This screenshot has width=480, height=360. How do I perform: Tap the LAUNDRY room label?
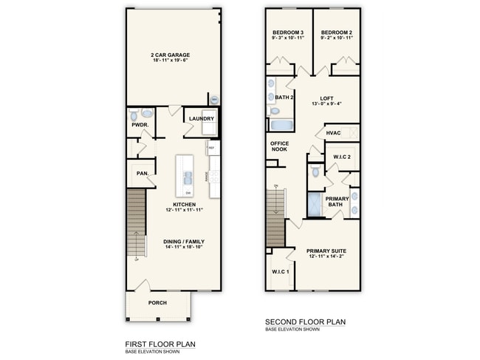201,119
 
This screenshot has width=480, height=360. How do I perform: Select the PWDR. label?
140,126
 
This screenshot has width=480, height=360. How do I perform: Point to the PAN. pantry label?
141,174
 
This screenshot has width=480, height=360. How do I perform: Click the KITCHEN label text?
184,205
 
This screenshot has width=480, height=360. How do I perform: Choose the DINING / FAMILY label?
184,242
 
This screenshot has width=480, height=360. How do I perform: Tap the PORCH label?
157,303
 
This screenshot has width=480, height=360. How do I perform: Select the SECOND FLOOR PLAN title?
305,322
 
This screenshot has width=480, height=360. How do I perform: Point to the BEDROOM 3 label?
288,33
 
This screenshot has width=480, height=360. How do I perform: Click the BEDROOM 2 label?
337,33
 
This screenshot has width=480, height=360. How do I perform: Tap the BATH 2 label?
285,97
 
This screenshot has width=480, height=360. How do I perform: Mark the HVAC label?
333,134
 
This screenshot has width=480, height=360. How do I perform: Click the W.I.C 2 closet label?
342,157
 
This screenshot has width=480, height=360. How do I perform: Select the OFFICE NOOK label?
279,146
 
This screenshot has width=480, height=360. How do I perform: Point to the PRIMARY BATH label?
337,202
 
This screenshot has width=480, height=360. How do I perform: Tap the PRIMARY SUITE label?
326,251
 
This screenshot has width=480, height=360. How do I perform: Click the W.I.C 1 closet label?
279,272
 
